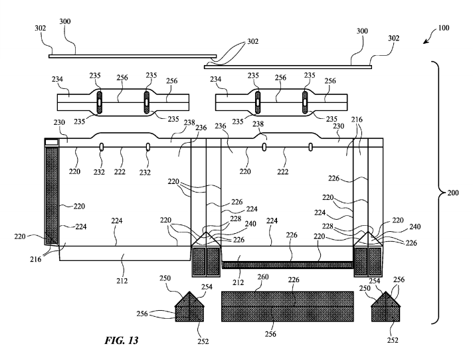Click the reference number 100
[x=444, y=28]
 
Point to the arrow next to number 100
[x=430, y=36]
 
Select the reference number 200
[x=452, y=193]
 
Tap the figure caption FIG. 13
[x=122, y=340]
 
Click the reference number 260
[x=262, y=277]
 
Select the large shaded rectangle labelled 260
[x=288, y=306]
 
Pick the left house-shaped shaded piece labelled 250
[x=189, y=307]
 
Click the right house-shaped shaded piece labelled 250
[x=385, y=307]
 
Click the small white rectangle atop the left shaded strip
[x=51, y=142]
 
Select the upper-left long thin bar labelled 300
[x=133, y=56]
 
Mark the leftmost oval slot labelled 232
[x=102, y=147]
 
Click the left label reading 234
[x=57, y=79]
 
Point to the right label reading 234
[x=215, y=79]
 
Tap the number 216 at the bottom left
[x=36, y=259]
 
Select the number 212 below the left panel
[x=122, y=281]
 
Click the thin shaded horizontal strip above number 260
[x=288, y=265]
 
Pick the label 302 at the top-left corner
[x=40, y=28]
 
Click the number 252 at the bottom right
[x=393, y=340]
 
